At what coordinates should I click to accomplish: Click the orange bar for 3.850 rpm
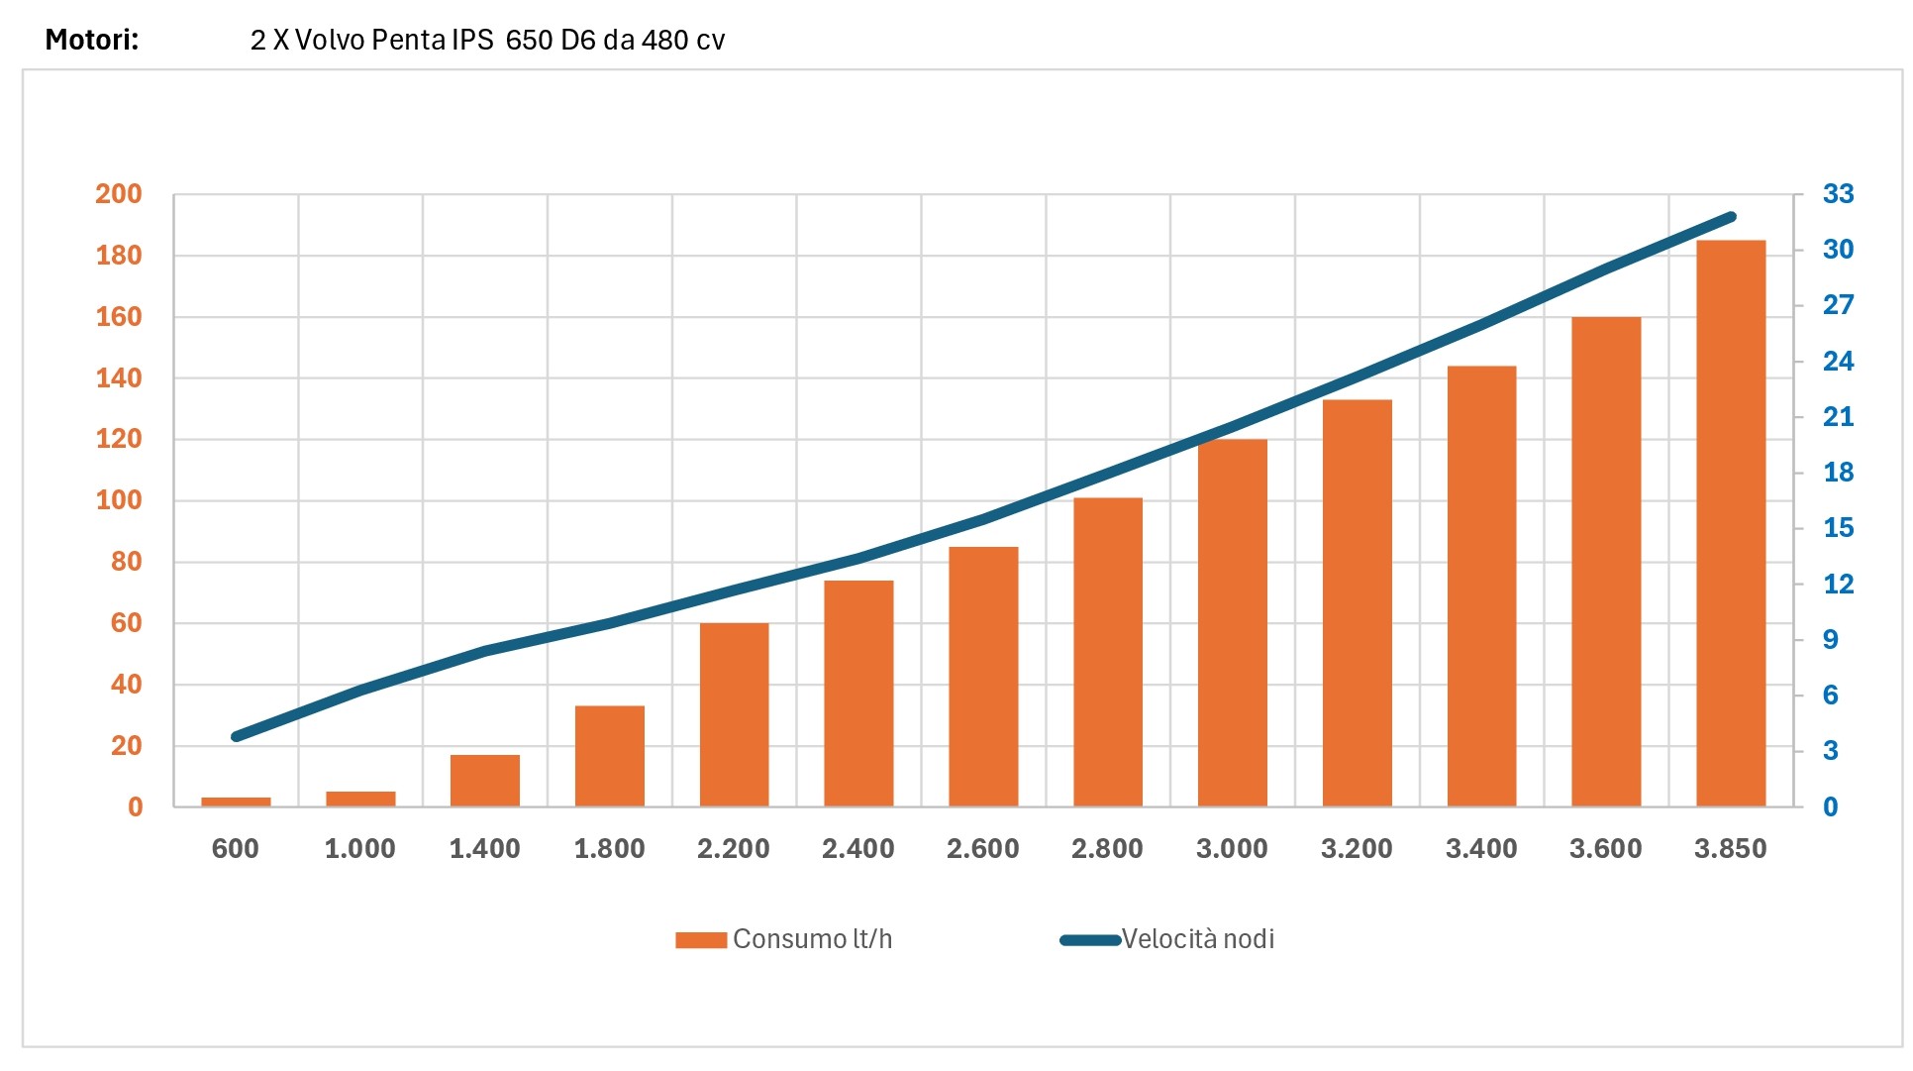(1730, 523)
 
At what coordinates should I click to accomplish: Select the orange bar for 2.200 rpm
(734, 714)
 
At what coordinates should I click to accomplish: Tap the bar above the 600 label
(236, 802)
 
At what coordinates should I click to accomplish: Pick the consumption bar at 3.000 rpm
(1232, 622)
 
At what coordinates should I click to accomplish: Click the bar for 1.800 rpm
(609, 756)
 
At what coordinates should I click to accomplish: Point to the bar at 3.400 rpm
(1481, 587)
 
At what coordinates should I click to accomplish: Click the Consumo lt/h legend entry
(783, 939)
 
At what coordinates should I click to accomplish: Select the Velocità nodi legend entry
(1167, 939)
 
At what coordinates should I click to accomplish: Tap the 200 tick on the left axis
(119, 194)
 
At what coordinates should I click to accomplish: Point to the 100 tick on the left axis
(119, 500)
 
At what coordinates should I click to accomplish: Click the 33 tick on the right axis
(1838, 194)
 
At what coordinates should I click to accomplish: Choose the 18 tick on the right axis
(1838, 473)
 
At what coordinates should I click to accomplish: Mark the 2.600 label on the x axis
(982, 849)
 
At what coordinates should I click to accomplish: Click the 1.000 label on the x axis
(359, 849)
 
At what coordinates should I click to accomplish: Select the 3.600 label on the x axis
(1605, 849)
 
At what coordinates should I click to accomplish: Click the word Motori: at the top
(92, 40)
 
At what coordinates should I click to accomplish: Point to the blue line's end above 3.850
(1732, 216)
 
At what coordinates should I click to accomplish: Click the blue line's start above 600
(236, 737)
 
